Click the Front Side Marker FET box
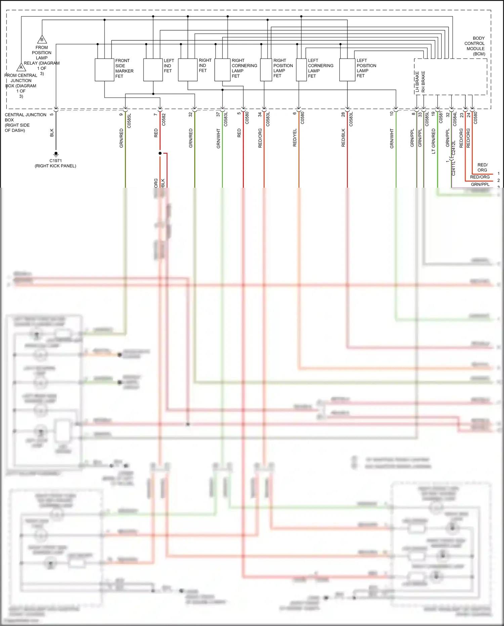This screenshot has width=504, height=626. click(104, 70)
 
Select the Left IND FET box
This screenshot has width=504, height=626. click(153, 70)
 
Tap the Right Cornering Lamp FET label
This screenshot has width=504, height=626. click(244, 68)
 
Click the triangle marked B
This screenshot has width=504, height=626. click(42, 39)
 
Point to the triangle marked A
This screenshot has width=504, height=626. click(21, 67)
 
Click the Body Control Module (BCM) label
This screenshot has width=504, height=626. click(475, 46)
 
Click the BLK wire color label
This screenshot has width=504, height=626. click(52, 133)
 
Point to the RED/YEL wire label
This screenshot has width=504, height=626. click(295, 137)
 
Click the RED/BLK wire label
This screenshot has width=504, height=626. click(343, 137)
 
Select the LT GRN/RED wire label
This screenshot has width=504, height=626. click(433, 141)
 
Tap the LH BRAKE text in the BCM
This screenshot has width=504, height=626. click(417, 82)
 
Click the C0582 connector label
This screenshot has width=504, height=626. click(164, 119)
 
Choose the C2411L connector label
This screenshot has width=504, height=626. click(453, 168)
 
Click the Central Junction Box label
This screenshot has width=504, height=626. click(25, 122)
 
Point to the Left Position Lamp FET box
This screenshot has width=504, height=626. click(347, 70)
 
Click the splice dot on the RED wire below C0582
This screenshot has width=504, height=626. click(160, 153)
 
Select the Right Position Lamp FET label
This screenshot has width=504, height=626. click(283, 68)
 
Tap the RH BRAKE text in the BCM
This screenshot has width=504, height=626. click(423, 82)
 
